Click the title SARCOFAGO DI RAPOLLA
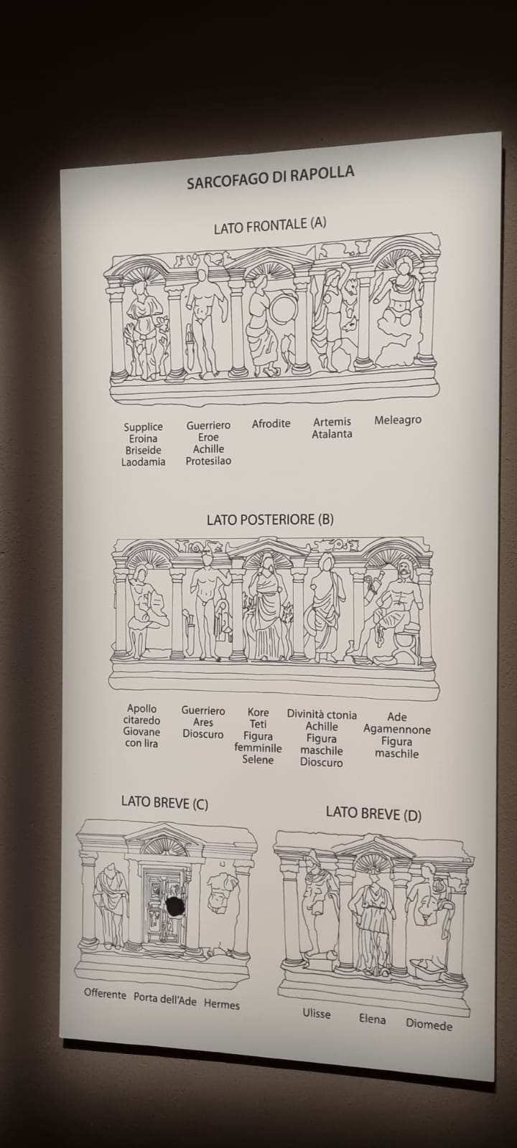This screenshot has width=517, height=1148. point(270,177)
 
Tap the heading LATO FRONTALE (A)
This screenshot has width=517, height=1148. point(270,225)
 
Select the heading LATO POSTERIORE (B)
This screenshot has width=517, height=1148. point(270,519)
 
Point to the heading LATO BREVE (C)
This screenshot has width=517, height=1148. point(164,803)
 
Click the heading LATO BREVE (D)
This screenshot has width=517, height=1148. point(374,814)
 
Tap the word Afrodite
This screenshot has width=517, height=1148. point(271,423)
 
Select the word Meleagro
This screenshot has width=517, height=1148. point(398,420)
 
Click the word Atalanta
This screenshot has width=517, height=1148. point(332,433)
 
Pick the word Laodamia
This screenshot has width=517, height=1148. point(143,461)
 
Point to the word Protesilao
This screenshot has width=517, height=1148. point(208,460)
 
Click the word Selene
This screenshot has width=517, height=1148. point(258,760)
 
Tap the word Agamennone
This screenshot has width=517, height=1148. point(397,729)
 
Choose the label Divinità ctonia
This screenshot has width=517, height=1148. point(322,714)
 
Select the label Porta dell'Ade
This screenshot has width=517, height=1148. point(165,999)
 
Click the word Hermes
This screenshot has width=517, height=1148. point(222,1004)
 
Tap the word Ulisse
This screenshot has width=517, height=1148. point(317,1013)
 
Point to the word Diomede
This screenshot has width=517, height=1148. point(429,1025)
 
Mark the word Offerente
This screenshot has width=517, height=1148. point(105,994)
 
